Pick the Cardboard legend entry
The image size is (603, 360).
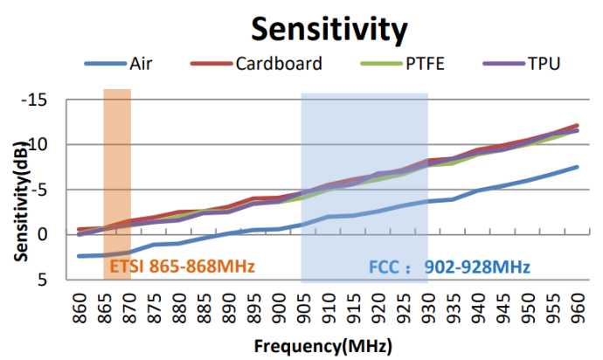pyautogui.click(x=279, y=64)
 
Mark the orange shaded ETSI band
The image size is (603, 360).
pyautogui.click(x=117, y=175)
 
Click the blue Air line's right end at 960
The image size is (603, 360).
pyautogui.click(x=575, y=167)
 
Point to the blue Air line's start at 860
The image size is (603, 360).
pyautogui.click(x=80, y=256)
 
